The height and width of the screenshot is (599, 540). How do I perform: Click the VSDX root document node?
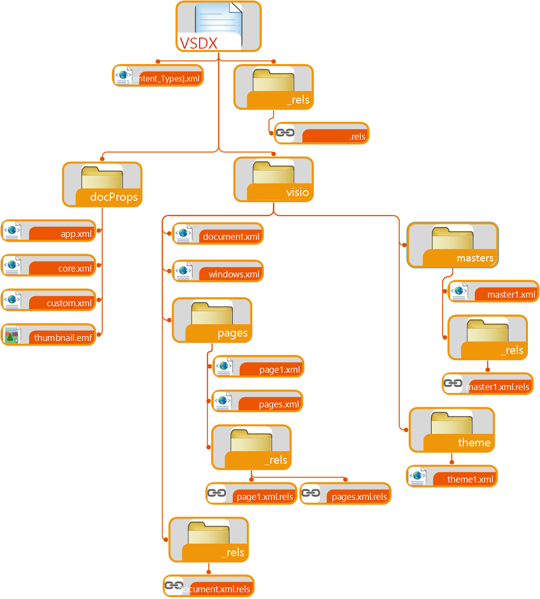pos(218,26)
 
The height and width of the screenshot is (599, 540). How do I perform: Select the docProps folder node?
pos(102,184)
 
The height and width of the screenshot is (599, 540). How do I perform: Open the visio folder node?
pos(273,180)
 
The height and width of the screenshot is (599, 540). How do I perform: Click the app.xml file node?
pos(49,231)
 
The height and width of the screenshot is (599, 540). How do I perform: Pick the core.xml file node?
pos(49,265)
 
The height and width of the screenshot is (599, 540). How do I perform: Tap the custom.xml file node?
pos(49,300)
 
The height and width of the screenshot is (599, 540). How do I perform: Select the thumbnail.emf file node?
pos(49,335)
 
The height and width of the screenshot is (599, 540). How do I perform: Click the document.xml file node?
pos(218,234)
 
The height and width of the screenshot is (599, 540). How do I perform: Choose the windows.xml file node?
pos(218,271)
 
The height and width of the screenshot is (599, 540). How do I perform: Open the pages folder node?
pos(212,320)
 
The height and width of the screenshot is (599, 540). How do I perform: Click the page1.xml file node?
pos(258,366)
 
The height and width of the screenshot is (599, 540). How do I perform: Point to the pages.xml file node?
pos(257,401)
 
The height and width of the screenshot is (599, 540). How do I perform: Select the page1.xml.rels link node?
pos(251,494)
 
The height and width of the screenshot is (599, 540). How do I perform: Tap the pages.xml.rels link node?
pos(345,494)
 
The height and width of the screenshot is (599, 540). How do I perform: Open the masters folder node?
pos(452,245)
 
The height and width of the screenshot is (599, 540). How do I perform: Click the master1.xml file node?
pos(493,291)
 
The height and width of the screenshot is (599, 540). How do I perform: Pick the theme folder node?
pos(452,430)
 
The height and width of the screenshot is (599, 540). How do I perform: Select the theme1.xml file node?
pos(452,476)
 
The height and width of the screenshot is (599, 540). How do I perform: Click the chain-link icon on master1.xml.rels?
pos(453,383)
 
